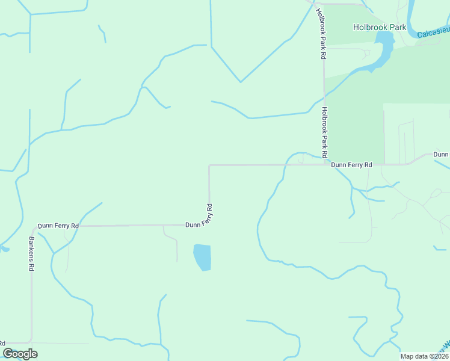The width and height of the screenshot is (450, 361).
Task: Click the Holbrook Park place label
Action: (x=379, y=27)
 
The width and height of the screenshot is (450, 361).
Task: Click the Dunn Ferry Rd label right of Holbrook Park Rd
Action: (x=352, y=164)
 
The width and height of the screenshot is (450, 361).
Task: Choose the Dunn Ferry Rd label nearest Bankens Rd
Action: (x=58, y=226)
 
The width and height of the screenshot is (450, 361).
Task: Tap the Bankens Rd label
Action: (x=31, y=253)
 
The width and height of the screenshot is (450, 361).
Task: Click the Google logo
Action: (x=20, y=354)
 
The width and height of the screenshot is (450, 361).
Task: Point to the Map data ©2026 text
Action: (x=424, y=356)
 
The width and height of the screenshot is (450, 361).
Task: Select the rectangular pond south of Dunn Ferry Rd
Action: (x=202, y=257)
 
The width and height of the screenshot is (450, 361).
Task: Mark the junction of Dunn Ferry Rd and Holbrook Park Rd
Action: (x=325, y=164)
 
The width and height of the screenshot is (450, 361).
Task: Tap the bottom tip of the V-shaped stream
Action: (x=241, y=82)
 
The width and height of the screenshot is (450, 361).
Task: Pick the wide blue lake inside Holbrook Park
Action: (x=383, y=45)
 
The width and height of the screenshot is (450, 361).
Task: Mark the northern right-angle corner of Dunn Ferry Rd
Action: (x=209, y=165)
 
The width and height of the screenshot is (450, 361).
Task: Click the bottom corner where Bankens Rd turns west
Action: (x=31, y=342)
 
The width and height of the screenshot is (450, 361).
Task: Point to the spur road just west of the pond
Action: (x=176, y=247)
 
